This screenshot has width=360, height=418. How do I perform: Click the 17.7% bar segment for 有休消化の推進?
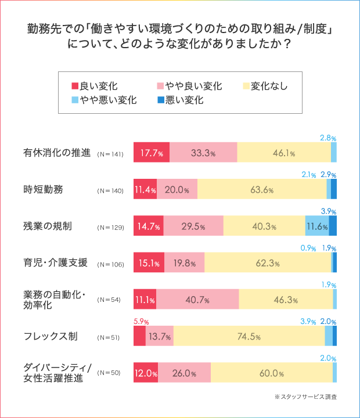click(152, 153)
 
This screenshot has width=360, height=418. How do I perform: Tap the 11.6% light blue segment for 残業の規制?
click(317, 226)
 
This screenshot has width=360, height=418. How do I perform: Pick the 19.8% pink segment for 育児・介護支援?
click(184, 263)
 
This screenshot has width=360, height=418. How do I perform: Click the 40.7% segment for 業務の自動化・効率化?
click(197, 300)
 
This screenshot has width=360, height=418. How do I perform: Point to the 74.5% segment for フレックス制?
click(249, 336)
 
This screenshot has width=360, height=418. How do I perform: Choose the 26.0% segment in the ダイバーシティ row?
click(184, 373)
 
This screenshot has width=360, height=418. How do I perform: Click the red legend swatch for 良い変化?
click(74, 86)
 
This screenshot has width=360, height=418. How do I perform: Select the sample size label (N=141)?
click(110, 154)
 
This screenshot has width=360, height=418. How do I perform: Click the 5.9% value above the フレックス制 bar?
click(141, 321)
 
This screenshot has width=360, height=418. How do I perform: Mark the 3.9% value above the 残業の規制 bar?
click(329, 211)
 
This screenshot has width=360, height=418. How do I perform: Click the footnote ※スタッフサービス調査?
click(306, 397)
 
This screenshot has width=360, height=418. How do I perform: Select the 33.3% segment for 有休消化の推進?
click(203, 153)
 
